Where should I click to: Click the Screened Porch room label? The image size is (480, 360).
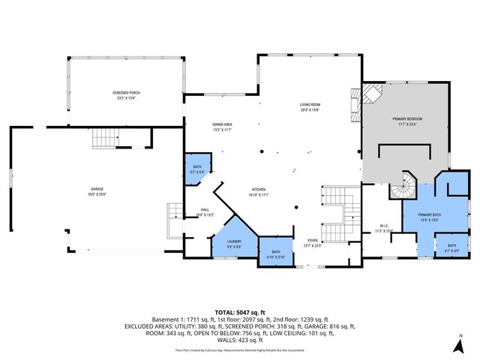tap(126, 94)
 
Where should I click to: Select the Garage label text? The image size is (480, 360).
tap(97, 190)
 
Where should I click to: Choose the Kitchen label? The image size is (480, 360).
tap(259, 191)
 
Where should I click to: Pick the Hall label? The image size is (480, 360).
tap(205, 211)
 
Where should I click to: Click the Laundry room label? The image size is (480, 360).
tap(234, 243)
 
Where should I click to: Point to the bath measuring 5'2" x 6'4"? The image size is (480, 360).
tap(197, 169)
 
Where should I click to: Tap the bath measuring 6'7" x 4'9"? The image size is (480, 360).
tap(451, 247)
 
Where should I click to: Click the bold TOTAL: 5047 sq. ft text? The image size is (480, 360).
tap(240, 312)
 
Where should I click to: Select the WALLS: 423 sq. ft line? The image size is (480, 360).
tap(240, 339)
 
